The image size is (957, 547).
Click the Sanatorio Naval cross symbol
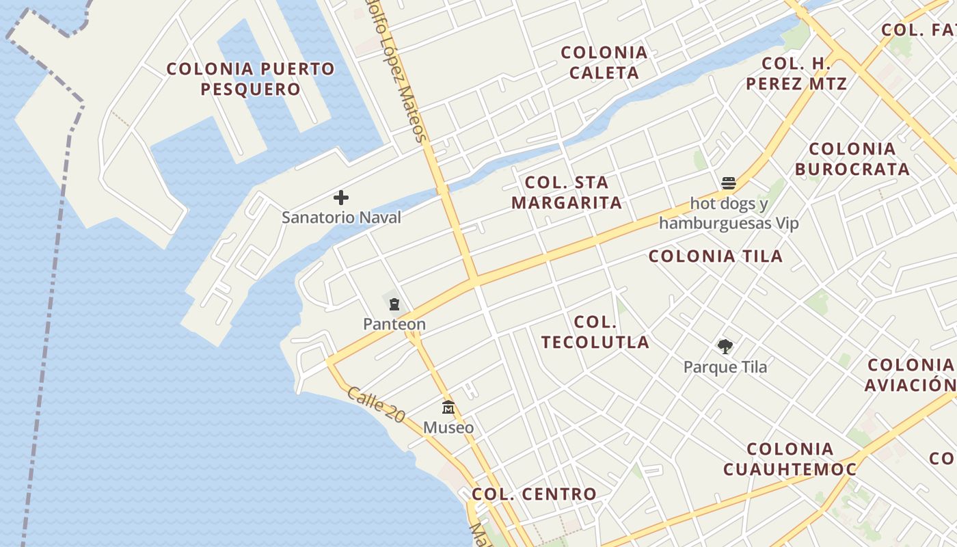tap(341, 198)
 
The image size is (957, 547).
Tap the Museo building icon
tap(448, 408)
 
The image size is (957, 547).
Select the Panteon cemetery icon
tap(394, 304)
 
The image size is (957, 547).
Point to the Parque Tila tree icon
tap(725, 347)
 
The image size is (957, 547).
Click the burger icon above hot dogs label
tap(729, 183)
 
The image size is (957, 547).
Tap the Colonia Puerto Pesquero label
tap(251, 79)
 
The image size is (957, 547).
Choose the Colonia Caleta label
tap(604, 62)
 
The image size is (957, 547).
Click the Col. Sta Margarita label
tap(567, 192)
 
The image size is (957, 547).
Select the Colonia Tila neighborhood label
tap(716, 256)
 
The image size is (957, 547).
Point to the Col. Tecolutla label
tap(595, 332)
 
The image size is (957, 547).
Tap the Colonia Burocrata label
tap(852, 159)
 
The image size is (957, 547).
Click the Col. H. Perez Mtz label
tap(796, 74)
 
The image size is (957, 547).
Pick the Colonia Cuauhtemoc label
tap(790, 459)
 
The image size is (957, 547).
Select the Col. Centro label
tap(534, 494)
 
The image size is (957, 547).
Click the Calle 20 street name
tap(376, 403)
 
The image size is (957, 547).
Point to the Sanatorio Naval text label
tap(341, 217)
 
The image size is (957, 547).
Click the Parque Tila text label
tap(725, 367)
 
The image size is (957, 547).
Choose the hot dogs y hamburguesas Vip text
tap(729, 213)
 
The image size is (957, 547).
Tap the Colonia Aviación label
tap(910, 375)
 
